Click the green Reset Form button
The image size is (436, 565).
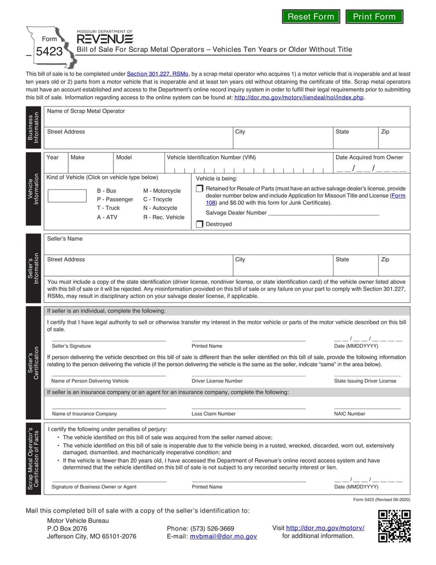tap(311, 16)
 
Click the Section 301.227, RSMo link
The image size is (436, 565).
tap(158, 74)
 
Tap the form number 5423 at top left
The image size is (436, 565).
tap(49, 52)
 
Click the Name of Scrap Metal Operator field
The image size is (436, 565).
tap(226, 118)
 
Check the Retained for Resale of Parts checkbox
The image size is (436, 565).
tap(199, 188)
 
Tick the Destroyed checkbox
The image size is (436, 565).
tap(199, 224)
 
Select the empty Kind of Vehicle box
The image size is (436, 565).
tap(67, 195)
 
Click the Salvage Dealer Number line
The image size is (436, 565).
tap(324, 212)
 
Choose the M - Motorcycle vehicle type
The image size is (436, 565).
tap(162, 191)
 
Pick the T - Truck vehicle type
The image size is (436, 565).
tap(108, 208)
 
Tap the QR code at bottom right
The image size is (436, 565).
tap(394, 526)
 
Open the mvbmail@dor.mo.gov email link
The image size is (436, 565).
tap(223, 537)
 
